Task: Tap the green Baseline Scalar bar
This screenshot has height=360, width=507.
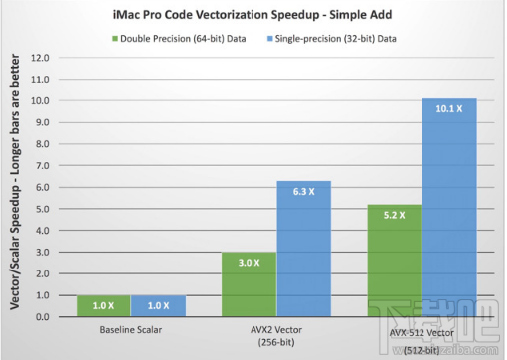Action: point(101,305)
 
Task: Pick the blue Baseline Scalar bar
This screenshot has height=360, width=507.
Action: point(158,305)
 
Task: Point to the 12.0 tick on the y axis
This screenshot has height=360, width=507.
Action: point(41,57)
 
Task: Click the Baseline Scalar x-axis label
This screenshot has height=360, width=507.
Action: point(130,329)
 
